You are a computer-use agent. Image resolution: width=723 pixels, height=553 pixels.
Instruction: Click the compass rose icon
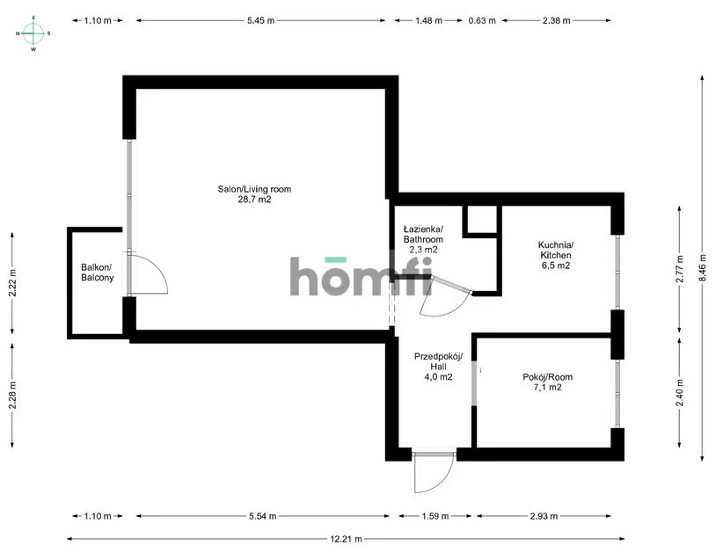(x=33, y=33)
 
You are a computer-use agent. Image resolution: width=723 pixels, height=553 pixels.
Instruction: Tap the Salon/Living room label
(x=254, y=189)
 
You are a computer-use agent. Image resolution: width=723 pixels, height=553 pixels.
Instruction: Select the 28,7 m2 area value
(x=254, y=200)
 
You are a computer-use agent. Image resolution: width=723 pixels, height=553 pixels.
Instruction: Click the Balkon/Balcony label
(x=98, y=273)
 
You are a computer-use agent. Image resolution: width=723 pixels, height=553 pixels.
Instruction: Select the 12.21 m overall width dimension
(x=346, y=539)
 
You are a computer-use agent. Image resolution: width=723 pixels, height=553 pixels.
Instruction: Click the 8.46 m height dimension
(x=702, y=268)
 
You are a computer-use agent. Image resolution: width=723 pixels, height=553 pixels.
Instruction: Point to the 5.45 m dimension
(x=260, y=20)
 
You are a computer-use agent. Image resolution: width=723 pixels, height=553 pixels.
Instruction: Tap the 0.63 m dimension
(x=482, y=20)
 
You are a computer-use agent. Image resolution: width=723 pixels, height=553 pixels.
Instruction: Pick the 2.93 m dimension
(x=544, y=516)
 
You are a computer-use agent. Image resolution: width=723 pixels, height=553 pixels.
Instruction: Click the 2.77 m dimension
(x=679, y=269)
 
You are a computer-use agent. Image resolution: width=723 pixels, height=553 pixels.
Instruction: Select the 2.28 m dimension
(x=12, y=395)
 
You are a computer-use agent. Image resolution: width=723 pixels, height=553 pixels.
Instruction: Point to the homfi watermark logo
(x=361, y=275)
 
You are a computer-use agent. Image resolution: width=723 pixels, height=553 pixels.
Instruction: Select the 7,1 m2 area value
(x=548, y=388)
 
